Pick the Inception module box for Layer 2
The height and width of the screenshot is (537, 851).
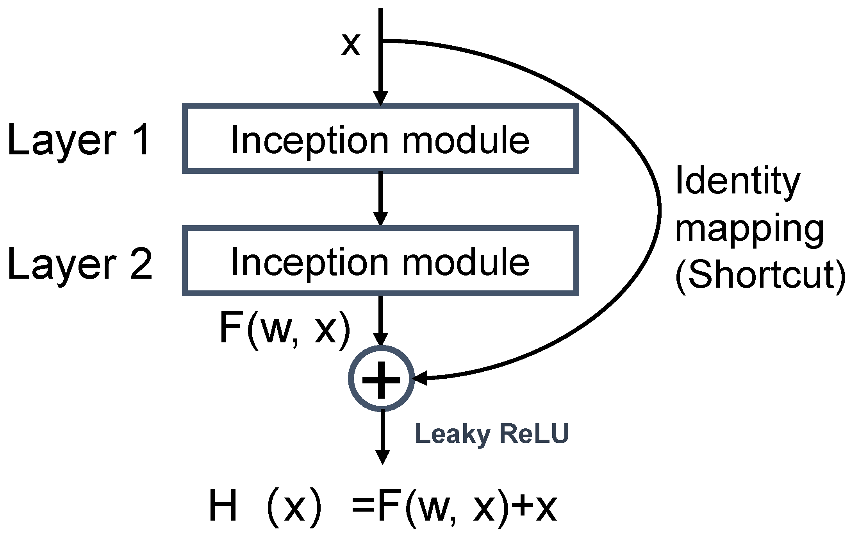click(x=380, y=261)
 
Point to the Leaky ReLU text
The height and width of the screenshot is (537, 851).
click(x=492, y=435)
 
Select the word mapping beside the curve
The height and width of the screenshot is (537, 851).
click(x=749, y=231)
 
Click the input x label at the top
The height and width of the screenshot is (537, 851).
click(x=350, y=44)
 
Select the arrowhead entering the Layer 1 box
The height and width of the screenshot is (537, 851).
click(x=380, y=98)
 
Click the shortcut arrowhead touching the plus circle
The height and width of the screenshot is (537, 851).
click(x=420, y=379)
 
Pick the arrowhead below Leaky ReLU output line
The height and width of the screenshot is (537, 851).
click(x=382, y=456)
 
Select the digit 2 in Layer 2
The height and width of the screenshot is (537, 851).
click(x=140, y=263)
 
